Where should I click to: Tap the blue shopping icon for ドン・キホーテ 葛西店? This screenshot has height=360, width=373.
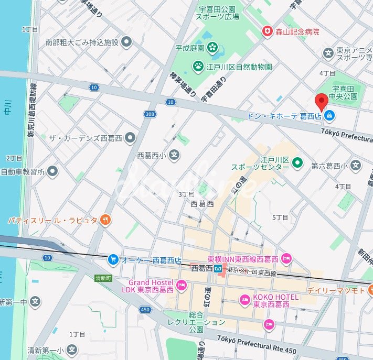pyautogui.click(x=329, y=115)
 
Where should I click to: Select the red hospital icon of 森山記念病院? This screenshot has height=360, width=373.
pyautogui.click(x=268, y=31)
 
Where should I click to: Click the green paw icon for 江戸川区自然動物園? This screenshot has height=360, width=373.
pyautogui.click(x=198, y=66)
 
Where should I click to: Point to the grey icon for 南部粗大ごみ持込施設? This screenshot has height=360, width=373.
pyautogui.click(x=126, y=42)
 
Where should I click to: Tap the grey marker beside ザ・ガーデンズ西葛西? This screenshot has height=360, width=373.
pyautogui.click(x=130, y=138)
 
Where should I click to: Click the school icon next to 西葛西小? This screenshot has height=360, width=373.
pyautogui.click(x=174, y=155)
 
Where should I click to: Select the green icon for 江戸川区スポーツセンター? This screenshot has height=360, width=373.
pyautogui.click(x=297, y=163)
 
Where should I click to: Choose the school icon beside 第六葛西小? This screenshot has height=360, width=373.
pyautogui.click(x=356, y=166)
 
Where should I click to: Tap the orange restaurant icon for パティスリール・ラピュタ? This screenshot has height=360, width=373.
pyautogui.click(x=105, y=220)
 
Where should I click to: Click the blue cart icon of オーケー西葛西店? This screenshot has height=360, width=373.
pyautogui.click(x=113, y=259)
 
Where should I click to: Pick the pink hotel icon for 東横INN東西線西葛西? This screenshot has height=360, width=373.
pyautogui.click(x=286, y=258)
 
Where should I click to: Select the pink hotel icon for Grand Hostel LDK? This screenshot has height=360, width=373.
pyautogui.click(x=182, y=286)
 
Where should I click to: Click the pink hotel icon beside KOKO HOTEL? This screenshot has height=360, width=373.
pyautogui.click(x=245, y=300)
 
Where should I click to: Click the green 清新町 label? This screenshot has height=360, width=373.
pyautogui.click(x=103, y=278)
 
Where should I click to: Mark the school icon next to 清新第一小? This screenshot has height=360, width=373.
pyautogui.click(x=73, y=350)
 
